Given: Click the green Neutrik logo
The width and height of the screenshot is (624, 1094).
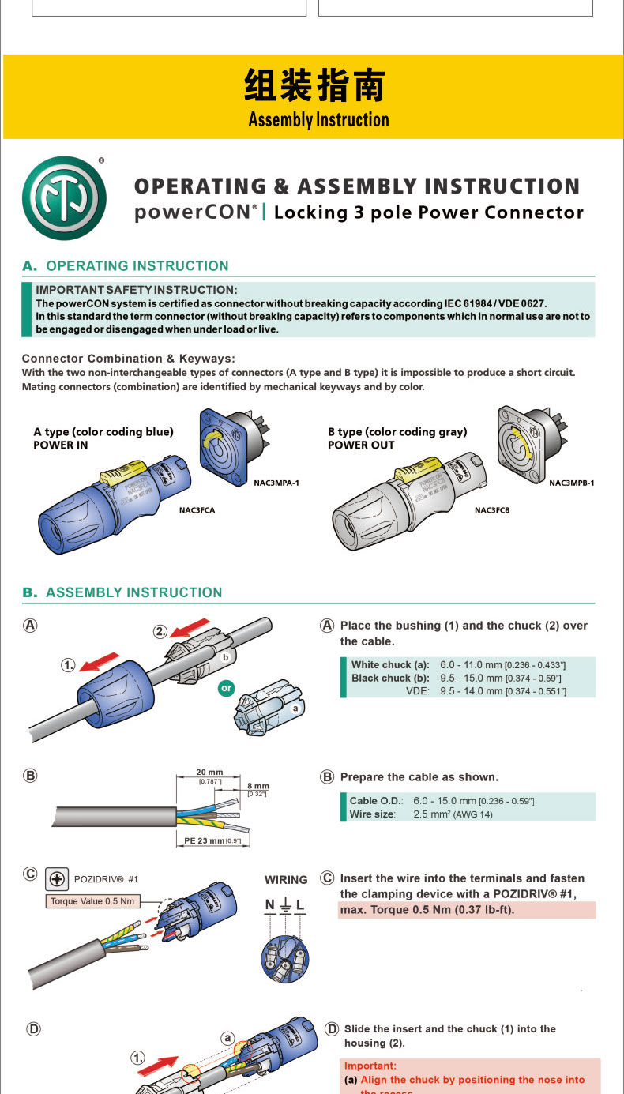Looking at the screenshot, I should click(x=64, y=198).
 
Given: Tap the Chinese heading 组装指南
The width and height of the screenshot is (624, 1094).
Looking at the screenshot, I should click(x=314, y=86).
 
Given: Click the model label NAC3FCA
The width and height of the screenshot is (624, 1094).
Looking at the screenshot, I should click(x=197, y=510).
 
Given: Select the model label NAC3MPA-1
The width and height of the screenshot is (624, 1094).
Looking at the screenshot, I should click(x=276, y=482).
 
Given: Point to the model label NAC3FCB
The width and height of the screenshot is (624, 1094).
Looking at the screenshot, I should click(x=492, y=510).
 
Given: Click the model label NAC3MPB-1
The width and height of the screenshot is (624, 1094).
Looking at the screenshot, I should click(x=572, y=482).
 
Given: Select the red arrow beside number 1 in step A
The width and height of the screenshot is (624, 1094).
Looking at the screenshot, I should click(x=100, y=663).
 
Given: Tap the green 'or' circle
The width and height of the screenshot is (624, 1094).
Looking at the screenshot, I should click(x=227, y=688).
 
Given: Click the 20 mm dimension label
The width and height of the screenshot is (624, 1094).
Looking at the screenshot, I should click(x=209, y=772).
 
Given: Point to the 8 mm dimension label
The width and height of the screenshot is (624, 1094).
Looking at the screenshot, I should click(x=257, y=786).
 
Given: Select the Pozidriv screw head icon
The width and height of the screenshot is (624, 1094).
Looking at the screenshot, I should click(x=57, y=879).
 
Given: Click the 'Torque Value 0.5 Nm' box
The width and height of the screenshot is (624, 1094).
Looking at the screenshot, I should click(x=92, y=901).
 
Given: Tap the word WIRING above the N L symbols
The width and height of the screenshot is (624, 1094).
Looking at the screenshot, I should click(x=286, y=880).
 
